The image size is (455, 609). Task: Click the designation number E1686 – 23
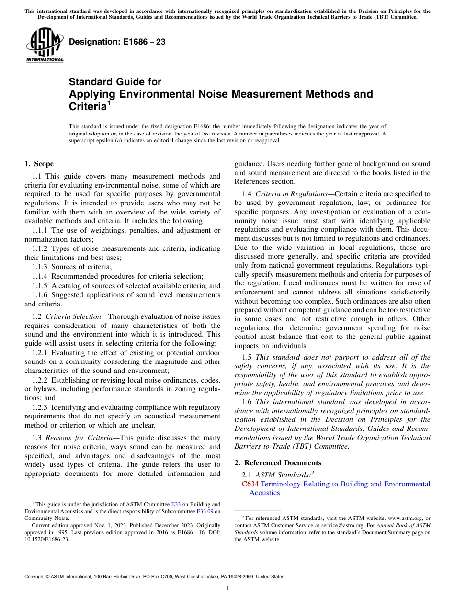point(117,42)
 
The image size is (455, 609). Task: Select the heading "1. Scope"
point(39,164)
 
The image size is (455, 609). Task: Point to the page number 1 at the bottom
point(227,588)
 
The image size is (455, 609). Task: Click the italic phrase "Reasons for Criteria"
point(80,438)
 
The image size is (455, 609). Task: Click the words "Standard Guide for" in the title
point(115,82)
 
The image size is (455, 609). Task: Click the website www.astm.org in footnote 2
point(401,518)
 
